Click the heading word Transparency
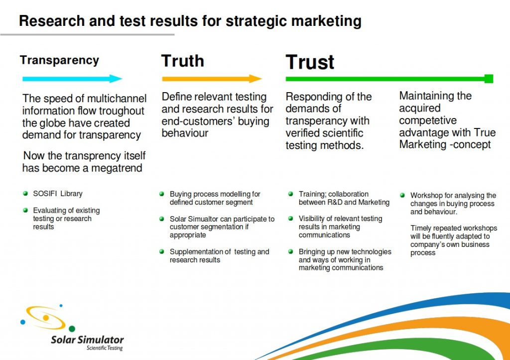[x=59, y=61]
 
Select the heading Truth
[x=182, y=61]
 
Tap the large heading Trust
[x=310, y=62]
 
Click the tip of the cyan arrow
[x=122, y=78]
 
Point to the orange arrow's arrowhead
[x=255, y=79]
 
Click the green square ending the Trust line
[x=489, y=79]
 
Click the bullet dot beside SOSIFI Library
[x=25, y=194]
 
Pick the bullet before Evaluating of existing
[x=25, y=210]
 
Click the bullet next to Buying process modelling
[x=162, y=194]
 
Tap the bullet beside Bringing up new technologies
[x=291, y=251]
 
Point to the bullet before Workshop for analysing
[x=402, y=195]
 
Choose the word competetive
[x=428, y=120]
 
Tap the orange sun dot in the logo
[x=46, y=317]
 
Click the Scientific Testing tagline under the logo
[x=105, y=348]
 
